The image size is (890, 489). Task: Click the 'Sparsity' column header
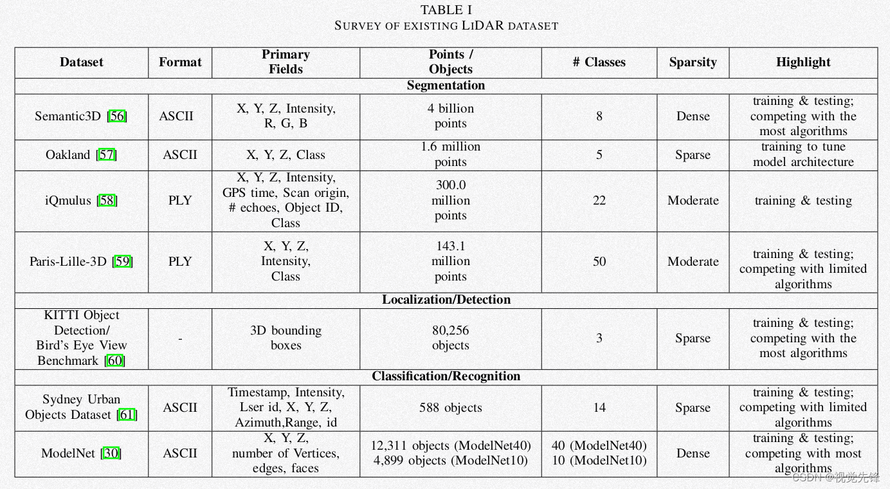click(x=693, y=62)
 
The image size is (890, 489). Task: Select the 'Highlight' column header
click(x=803, y=62)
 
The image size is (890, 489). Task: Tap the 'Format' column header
click(x=180, y=62)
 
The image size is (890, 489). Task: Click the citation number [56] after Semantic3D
click(x=118, y=116)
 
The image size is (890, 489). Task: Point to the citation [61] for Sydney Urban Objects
click(x=127, y=415)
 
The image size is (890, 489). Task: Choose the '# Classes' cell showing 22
click(x=599, y=201)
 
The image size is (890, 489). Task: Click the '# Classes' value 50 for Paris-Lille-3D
click(x=599, y=262)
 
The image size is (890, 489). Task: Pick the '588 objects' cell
click(x=450, y=408)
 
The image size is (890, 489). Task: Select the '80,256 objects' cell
click(x=450, y=338)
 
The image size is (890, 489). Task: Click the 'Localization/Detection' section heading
click(x=446, y=300)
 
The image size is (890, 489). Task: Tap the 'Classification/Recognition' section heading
click(x=446, y=376)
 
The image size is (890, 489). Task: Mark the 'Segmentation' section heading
click(x=446, y=86)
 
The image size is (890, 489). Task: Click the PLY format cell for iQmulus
click(x=180, y=201)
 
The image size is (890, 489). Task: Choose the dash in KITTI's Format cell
click(x=180, y=338)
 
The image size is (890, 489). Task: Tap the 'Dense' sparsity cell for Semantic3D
click(x=693, y=116)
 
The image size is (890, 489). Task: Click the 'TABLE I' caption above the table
click(x=446, y=10)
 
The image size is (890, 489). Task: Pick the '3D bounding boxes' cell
click(x=286, y=338)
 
